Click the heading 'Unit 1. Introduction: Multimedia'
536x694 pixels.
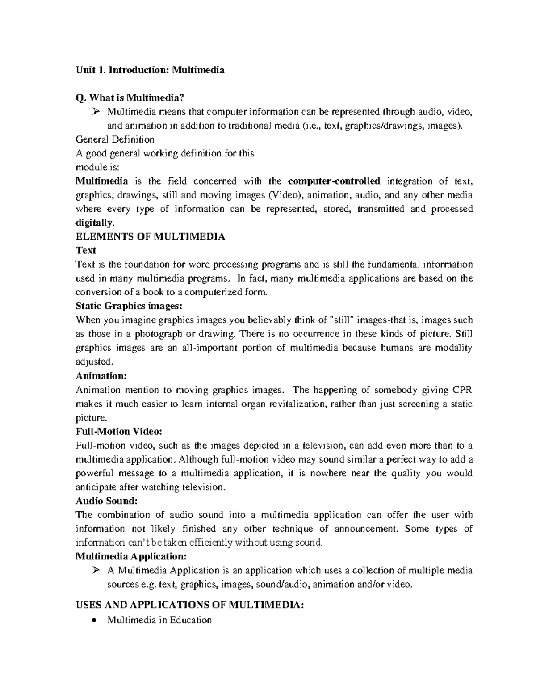point(150,70)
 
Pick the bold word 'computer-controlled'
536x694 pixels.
point(334,181)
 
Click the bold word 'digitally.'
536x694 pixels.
point(95,223)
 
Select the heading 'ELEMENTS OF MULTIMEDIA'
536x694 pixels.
point(151,236)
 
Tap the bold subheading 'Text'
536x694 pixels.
point(86,250)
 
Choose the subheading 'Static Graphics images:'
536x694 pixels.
point(129,306)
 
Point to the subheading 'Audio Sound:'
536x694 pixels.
point(106,501)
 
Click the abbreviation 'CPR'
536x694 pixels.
point(462,390)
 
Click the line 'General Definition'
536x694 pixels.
point(115,139)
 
